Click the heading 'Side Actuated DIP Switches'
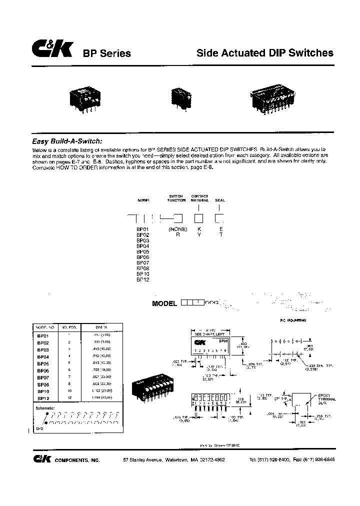pyautogui.click(x=265, y=53)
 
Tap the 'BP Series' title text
pyautogui.click(x=106, y=54)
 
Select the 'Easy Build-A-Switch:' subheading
pyautogui.click(x=70, y=142)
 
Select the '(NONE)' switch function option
pyautogui.click(x=177, y=229)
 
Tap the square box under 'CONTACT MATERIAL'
pyautogui.click(x=198, y=218)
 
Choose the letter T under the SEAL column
pyautogui.click(x=220, y=234)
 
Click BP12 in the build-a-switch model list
pyautogui.click(x=143, y=280)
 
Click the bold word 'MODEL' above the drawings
pyautogui.click(x=164, y=303)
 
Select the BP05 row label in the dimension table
pyautogui.click(x=43, y=364)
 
